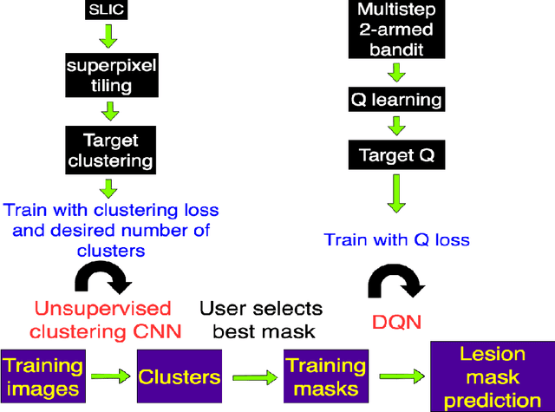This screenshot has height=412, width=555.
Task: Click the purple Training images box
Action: pos(42,377)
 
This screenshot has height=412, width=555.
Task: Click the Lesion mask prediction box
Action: pos(491,376)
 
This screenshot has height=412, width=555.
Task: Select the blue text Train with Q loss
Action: pos(396,240)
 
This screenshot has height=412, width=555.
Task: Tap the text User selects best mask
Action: pos(261,319)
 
